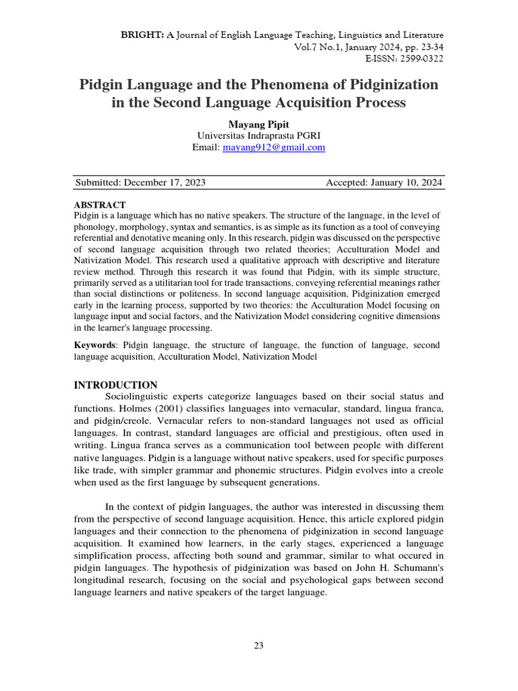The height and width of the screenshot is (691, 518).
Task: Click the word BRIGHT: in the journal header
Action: pos(138,34)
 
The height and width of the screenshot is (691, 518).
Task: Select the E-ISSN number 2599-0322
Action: pos(418,59)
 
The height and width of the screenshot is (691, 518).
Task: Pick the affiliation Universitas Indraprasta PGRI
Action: pos(259,136)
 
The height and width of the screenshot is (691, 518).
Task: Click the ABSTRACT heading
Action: pos(99,205)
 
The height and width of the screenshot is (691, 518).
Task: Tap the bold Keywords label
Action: pos(96,345)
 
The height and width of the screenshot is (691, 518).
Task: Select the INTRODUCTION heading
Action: pos(115,385)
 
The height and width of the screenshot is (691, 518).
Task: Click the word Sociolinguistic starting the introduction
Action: pos(142,396)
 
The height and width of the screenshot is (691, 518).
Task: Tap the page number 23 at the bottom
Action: pos(258,646)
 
